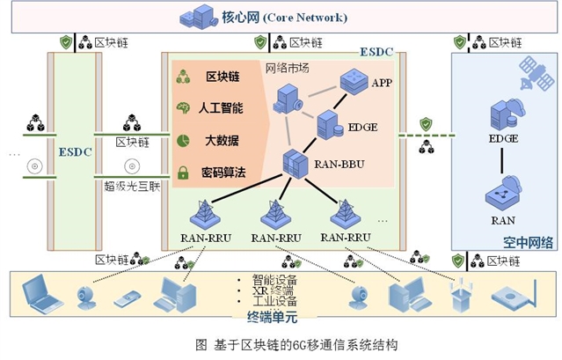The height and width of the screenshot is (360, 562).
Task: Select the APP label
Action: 381,83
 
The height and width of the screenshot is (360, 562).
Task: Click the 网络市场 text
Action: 287,69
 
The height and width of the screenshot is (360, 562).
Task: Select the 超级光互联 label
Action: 132,185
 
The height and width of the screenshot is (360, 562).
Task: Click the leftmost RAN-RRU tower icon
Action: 204,213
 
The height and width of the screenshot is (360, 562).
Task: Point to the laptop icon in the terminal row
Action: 41,294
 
